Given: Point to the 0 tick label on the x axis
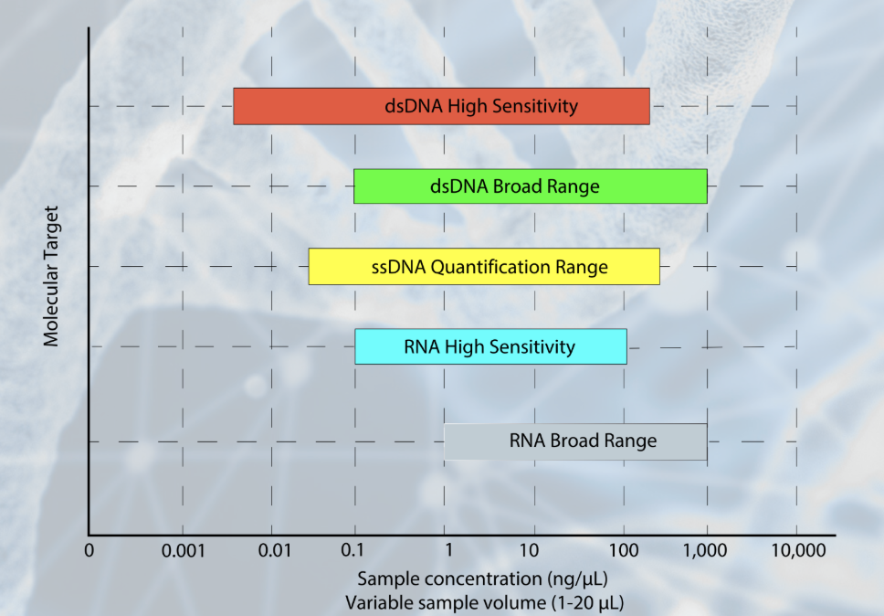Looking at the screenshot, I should [89, 551].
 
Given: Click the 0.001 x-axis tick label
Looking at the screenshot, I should [183, 551].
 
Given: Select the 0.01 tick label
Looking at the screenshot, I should [273, 551].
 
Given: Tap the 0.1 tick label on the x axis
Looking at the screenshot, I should [354, 551].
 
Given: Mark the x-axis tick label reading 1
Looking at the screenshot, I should [447, 551].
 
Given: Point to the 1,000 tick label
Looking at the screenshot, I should [705, 551].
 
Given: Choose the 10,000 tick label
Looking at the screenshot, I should [797, 551].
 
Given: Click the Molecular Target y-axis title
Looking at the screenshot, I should [51, 275].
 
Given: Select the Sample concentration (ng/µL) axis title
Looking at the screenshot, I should [483, 579].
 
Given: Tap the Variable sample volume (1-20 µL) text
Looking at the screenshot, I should [485, 602].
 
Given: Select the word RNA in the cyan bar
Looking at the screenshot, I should [421, 347].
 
